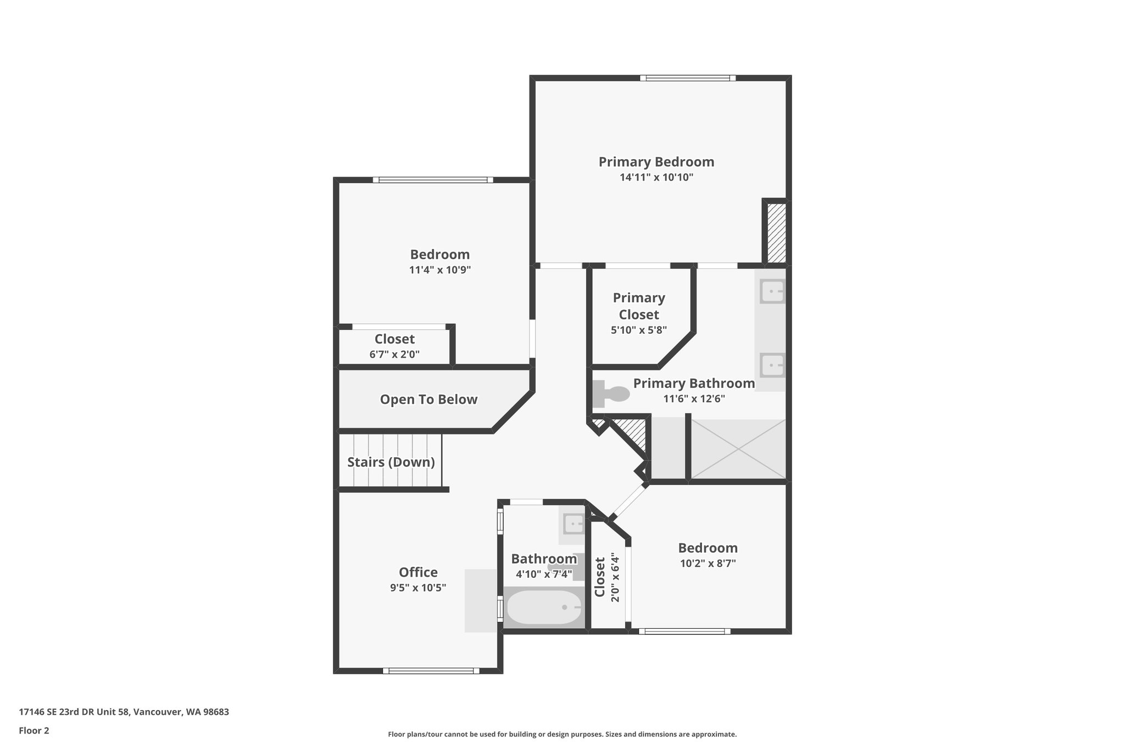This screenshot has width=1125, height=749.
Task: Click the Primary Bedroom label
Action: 656,162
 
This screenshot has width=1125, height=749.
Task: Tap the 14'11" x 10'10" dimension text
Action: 656,177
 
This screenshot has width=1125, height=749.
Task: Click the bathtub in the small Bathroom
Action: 544,608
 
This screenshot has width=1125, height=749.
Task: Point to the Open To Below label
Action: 428,399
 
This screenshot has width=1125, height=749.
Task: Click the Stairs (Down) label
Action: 391,462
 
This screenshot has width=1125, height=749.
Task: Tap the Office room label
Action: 418,572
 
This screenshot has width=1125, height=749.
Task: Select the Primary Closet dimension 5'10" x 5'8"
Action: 639,330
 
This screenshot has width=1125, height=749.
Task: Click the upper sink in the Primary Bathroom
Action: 772,291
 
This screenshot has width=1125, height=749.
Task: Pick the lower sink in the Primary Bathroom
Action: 772,365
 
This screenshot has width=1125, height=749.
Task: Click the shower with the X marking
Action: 738,449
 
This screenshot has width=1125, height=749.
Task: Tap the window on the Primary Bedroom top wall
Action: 688,78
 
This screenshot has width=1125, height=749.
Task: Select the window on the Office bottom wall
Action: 431,671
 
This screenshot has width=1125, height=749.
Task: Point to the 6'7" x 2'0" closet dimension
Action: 394,354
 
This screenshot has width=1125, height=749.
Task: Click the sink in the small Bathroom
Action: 573,525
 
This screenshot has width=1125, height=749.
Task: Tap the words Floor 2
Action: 34,730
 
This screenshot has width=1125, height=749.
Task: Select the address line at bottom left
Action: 124,712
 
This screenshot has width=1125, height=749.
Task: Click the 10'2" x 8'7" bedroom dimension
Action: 708,563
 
